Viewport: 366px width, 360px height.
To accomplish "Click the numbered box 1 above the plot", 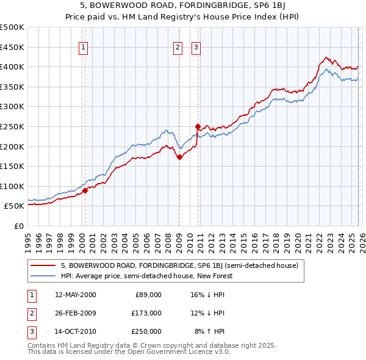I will pyautogui.click(x=83, y=48).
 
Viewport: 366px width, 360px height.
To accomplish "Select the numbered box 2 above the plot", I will pyautogui.click(x=178, y=48).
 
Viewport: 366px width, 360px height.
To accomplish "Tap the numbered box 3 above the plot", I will pyautogui.click(x=196, y=48).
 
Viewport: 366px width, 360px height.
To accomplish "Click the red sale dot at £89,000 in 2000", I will pyautogui.click(x=85, y=190).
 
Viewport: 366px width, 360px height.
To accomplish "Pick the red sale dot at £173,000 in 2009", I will pyautogui.click(x=179, y=157).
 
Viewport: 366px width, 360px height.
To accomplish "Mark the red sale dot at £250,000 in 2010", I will pyautogui.click(x=198, y=126).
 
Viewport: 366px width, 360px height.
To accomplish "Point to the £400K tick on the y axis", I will pyautogui.click(x=13, y=67).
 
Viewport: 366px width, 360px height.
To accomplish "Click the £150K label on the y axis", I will pyautogui.click(x=13, y=166).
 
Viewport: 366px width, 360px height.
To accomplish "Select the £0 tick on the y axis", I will pyautogui.click(x=18, y=226).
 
